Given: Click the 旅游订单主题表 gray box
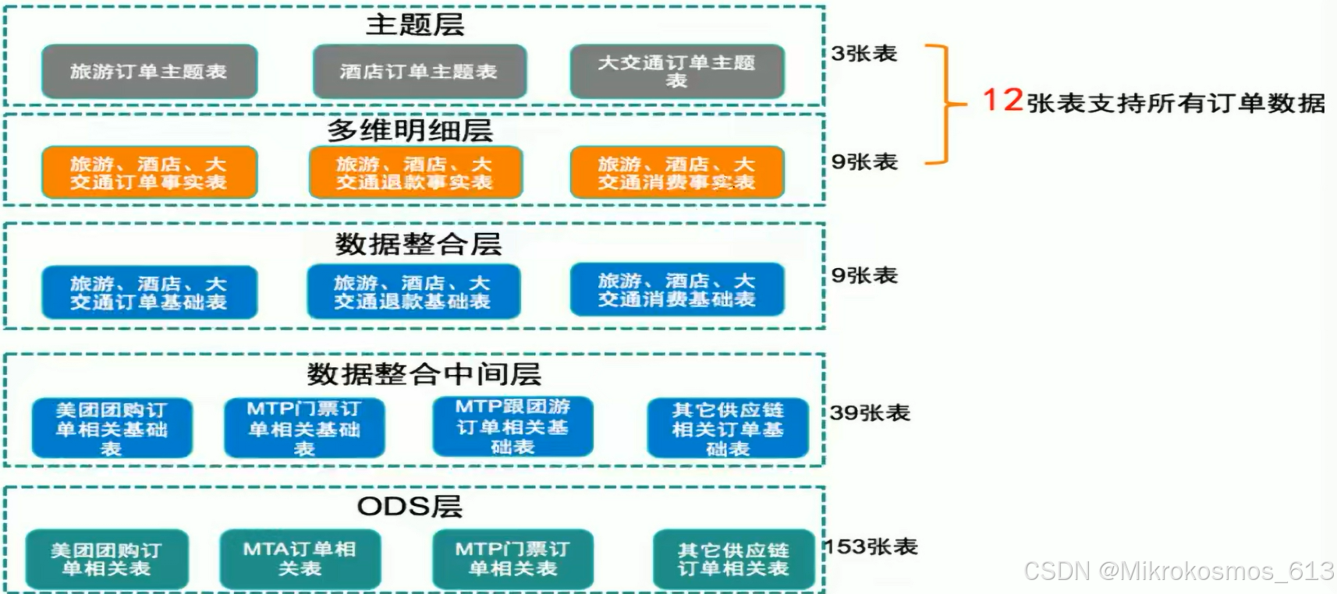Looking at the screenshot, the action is (149, 72).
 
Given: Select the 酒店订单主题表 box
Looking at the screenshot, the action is (419, 72).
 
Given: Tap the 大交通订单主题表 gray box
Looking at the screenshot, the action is (676, 71).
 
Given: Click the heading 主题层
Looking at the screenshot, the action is (415, 25).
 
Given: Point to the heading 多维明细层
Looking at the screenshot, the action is (410, 129).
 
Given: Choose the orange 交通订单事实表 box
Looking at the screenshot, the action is (149, 173).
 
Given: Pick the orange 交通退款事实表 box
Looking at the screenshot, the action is (415, 173).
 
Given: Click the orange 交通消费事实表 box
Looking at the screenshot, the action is (676, 173).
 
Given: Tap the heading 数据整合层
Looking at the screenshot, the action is (418, 244).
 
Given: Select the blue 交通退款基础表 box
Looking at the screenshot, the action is (413, 292).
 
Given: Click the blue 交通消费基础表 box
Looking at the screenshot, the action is (676, 290).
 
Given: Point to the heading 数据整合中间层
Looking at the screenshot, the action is (424, 374).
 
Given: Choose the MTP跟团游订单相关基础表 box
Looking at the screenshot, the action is (512, 427).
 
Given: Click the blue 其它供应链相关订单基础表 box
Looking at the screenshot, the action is (727, 429).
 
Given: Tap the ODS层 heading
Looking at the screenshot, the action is (410, 507).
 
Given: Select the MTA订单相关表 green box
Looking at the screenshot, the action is (300, 559).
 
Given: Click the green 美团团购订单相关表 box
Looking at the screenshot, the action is (107, 560).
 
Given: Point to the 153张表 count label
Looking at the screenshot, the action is (871, 546).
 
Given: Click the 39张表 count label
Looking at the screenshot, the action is (870, 412).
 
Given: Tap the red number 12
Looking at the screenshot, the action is (1002, 100).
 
